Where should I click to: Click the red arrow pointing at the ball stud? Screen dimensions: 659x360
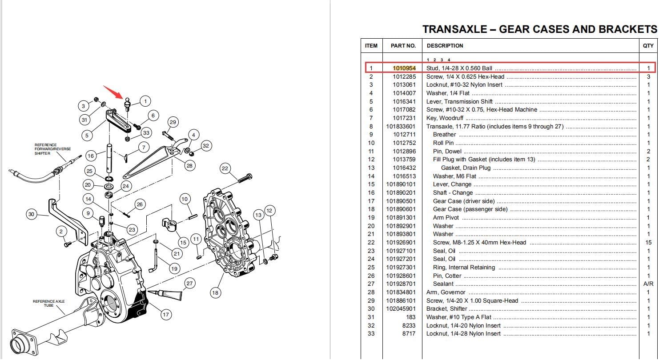pos(113,92)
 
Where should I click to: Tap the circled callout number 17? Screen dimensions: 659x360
pos(166,315)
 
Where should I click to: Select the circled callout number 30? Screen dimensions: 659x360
pos(32,214)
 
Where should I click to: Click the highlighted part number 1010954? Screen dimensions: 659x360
pos(404,68)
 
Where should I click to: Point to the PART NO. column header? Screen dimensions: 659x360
pos(403,46)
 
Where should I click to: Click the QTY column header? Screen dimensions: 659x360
pos(648,46)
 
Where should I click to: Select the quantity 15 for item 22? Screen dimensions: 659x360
pos(648,243)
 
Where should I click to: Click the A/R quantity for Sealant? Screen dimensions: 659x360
pos(648,284)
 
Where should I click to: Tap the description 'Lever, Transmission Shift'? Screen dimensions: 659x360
pos(459,102)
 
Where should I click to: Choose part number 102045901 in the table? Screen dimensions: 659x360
pos(401,309)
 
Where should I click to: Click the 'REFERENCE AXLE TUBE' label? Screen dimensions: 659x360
pos(48,303)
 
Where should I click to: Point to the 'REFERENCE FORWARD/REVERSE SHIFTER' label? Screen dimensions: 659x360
pos(52,149)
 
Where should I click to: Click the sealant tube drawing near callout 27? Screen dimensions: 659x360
pos(165,295)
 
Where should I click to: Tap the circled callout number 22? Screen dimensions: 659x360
pos(225,168)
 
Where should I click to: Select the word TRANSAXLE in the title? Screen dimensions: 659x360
pos(455,29)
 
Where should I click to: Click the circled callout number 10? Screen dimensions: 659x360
pos(185,199)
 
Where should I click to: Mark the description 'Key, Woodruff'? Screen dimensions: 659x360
pos(445,118)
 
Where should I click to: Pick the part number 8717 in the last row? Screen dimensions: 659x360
pos(409,334)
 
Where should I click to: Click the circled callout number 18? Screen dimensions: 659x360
pos(215,292)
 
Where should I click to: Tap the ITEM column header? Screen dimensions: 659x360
pos(371,46)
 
